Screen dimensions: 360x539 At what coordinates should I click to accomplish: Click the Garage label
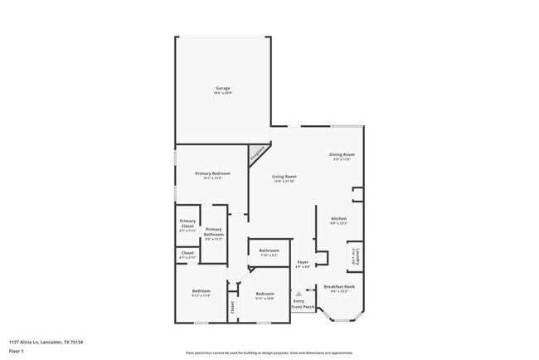pos(223,88)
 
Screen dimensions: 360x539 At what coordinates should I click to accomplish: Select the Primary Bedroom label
pos(212,173)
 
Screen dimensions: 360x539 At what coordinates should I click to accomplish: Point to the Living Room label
pos(284,176)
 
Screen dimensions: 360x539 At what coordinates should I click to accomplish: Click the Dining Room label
pos(342,154)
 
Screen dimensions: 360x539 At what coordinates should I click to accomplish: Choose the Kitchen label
pos(338,219)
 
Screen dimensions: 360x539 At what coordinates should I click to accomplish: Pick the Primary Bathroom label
pos(213,231)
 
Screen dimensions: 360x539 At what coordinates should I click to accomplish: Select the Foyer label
pos(303,262)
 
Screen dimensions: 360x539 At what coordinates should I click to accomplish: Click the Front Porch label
pos(303,308)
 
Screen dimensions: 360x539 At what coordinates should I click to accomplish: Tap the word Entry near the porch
pos(299,300)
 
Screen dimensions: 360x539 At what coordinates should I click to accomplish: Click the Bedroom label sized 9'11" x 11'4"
pos(202,291)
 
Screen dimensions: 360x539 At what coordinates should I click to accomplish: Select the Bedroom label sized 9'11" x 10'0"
pos(265,294)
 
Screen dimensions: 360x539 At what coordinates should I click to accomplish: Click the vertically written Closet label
pos(233,308)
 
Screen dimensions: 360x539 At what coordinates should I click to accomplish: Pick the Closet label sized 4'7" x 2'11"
pos(187,253)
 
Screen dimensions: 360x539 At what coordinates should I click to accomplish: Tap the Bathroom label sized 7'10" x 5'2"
pos(269,251)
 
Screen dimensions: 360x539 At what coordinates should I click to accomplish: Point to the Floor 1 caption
pos(17,351)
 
